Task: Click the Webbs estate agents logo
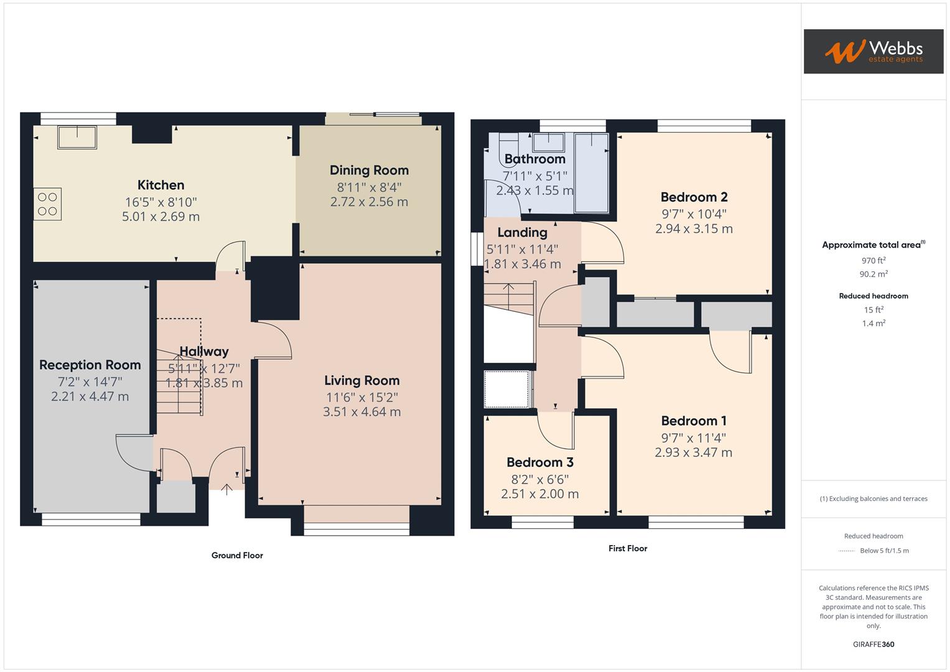pyautogui.click(x=873, y=52)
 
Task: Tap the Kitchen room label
pyautogui.click(x=161, y=185)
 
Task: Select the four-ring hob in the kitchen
pyautogui.click(x=48, y=204)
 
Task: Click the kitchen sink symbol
pyautogui.click(x=77, y=137)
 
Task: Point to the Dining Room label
pyautogui.click(x=369, y=170)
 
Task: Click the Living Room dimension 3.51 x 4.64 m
pyautogui.click(x=361, y=412)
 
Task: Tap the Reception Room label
pyautogui.click(x=90, y=365)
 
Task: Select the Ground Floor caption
pyautogui.click(x=237, y=556)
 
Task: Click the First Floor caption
pyautogui.click(x=628, y=549)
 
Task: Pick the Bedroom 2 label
pyautogui.click(x=694, y=197)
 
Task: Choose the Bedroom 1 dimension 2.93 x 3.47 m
pyautogui.click(x=693, y=453)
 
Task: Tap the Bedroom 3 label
pyautogui.click(x=539, y=462)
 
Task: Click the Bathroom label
pyautogui.click(x=534, y=159)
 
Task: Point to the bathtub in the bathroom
pyautogui.click(x=592, y=172)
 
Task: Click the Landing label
pyautogui.click(x=522, y=233)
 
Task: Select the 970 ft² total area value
pyautogui.click(x=873, y=261)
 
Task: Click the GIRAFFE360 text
pyautogui.click(x=873, y=645)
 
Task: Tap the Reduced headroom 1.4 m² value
pyautogui.click(x=873, y=324)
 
